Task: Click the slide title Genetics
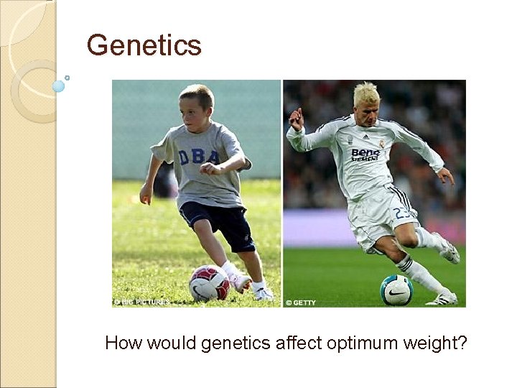[x=144, y=45]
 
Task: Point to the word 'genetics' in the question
[x=231, y=343]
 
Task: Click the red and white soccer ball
[x=209, y=282]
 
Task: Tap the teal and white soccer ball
[x=396, y=289]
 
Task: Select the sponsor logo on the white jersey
[x=365, y=154]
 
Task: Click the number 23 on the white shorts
[x=403, y=213]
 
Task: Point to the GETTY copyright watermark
[x=301, y=302]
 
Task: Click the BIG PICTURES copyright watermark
[x=143, y=302]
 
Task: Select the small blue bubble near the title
[x=59, y=86]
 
